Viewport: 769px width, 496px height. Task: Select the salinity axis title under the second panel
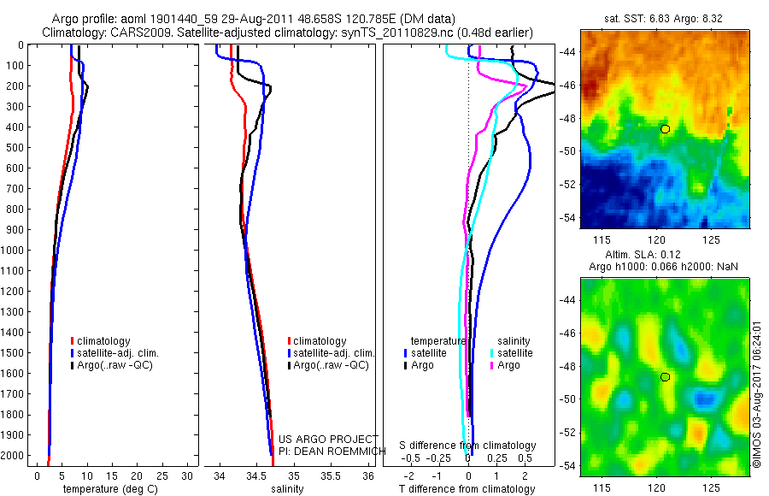click(x=287, y=489)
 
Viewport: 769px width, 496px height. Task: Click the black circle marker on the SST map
click(x=665, y=128)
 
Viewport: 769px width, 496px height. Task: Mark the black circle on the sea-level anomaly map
click(x=665, y=377)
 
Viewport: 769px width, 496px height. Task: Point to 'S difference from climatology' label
click(x=468, y=446)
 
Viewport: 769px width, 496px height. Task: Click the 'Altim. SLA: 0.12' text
click(x=665, y=256)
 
